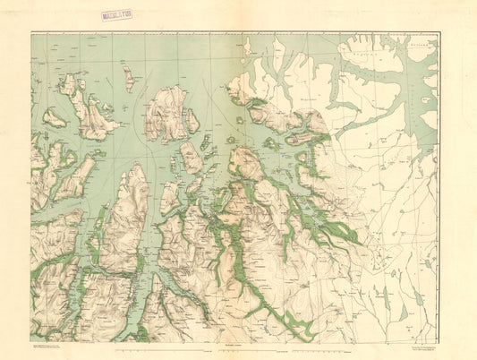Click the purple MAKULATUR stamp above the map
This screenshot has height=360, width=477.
pos(116,15)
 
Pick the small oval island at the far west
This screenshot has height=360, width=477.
pos(54,117)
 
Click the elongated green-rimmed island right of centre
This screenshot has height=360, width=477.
pos(302,138)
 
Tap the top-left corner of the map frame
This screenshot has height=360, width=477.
pos(31,32)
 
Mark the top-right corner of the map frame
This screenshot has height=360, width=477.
pos(439,33)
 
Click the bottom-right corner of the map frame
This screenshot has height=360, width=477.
pos(439,341)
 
